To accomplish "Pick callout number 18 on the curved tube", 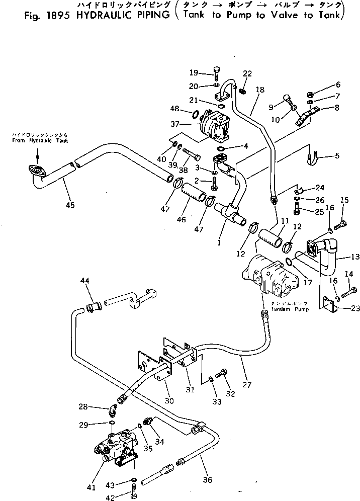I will coord(259,90).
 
